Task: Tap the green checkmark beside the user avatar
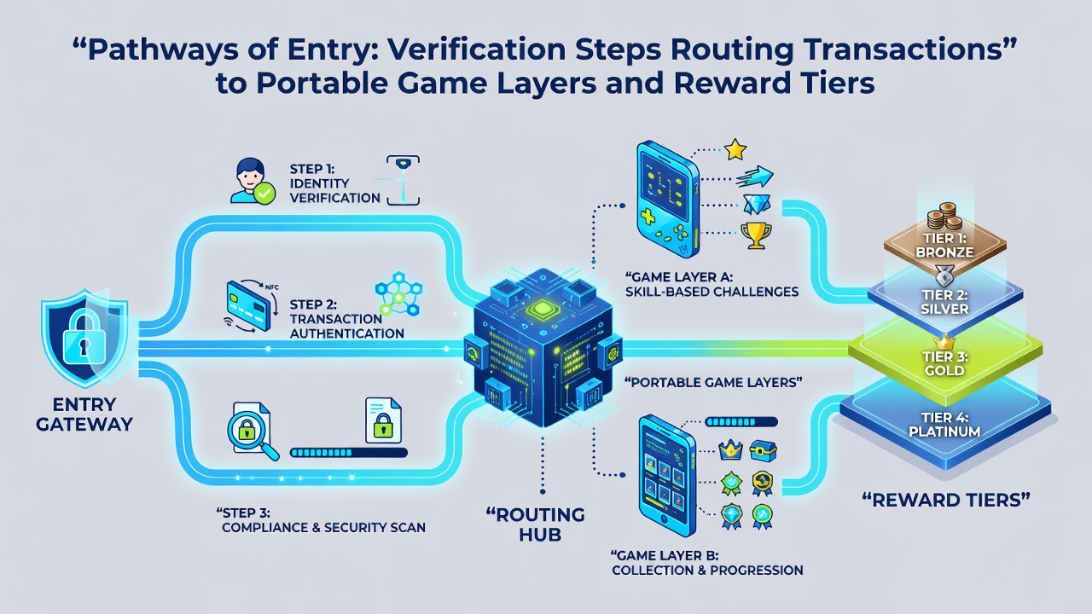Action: point(264,194)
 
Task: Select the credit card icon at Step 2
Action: point(248,305)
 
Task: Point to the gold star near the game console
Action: point(735,149)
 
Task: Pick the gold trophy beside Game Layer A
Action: point(756,235)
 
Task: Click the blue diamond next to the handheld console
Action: point(757,205)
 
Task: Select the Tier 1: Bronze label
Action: point(944,245)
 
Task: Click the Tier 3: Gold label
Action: point(944,363)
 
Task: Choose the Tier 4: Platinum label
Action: point(944,425)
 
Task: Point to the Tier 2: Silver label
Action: point(944,302)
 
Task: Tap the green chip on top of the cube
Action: point(542,310)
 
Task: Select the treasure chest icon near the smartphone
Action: point(763,451)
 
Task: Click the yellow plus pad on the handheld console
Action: point(648,217)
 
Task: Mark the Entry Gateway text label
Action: point(84,414)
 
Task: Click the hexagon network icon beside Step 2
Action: point(398,293)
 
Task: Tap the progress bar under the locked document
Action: point(349,453)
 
